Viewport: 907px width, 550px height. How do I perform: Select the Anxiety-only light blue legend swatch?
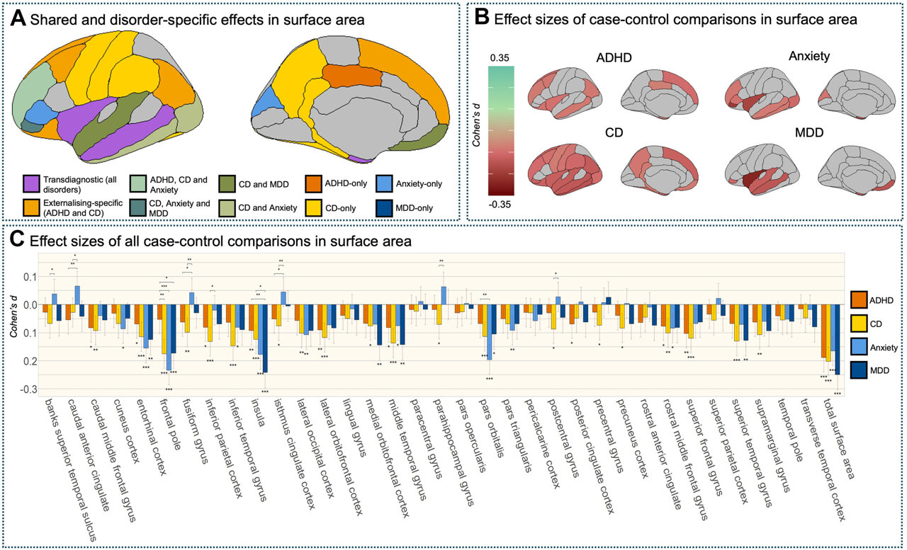387,183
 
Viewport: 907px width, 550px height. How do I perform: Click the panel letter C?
20,241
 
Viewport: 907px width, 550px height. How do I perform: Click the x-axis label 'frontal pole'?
167,429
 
